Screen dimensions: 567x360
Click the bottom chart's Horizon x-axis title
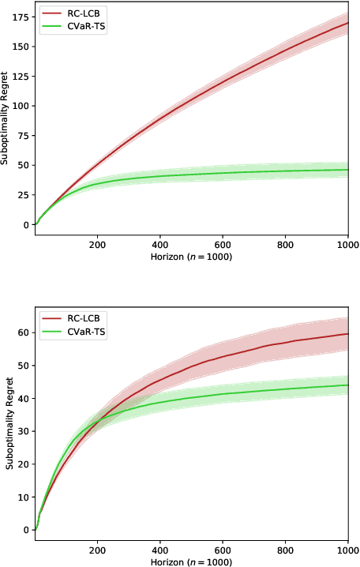point(191,561)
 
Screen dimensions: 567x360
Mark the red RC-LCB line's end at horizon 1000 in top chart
point(348,23)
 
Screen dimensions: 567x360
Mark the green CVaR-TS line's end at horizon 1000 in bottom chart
point(348,385)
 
